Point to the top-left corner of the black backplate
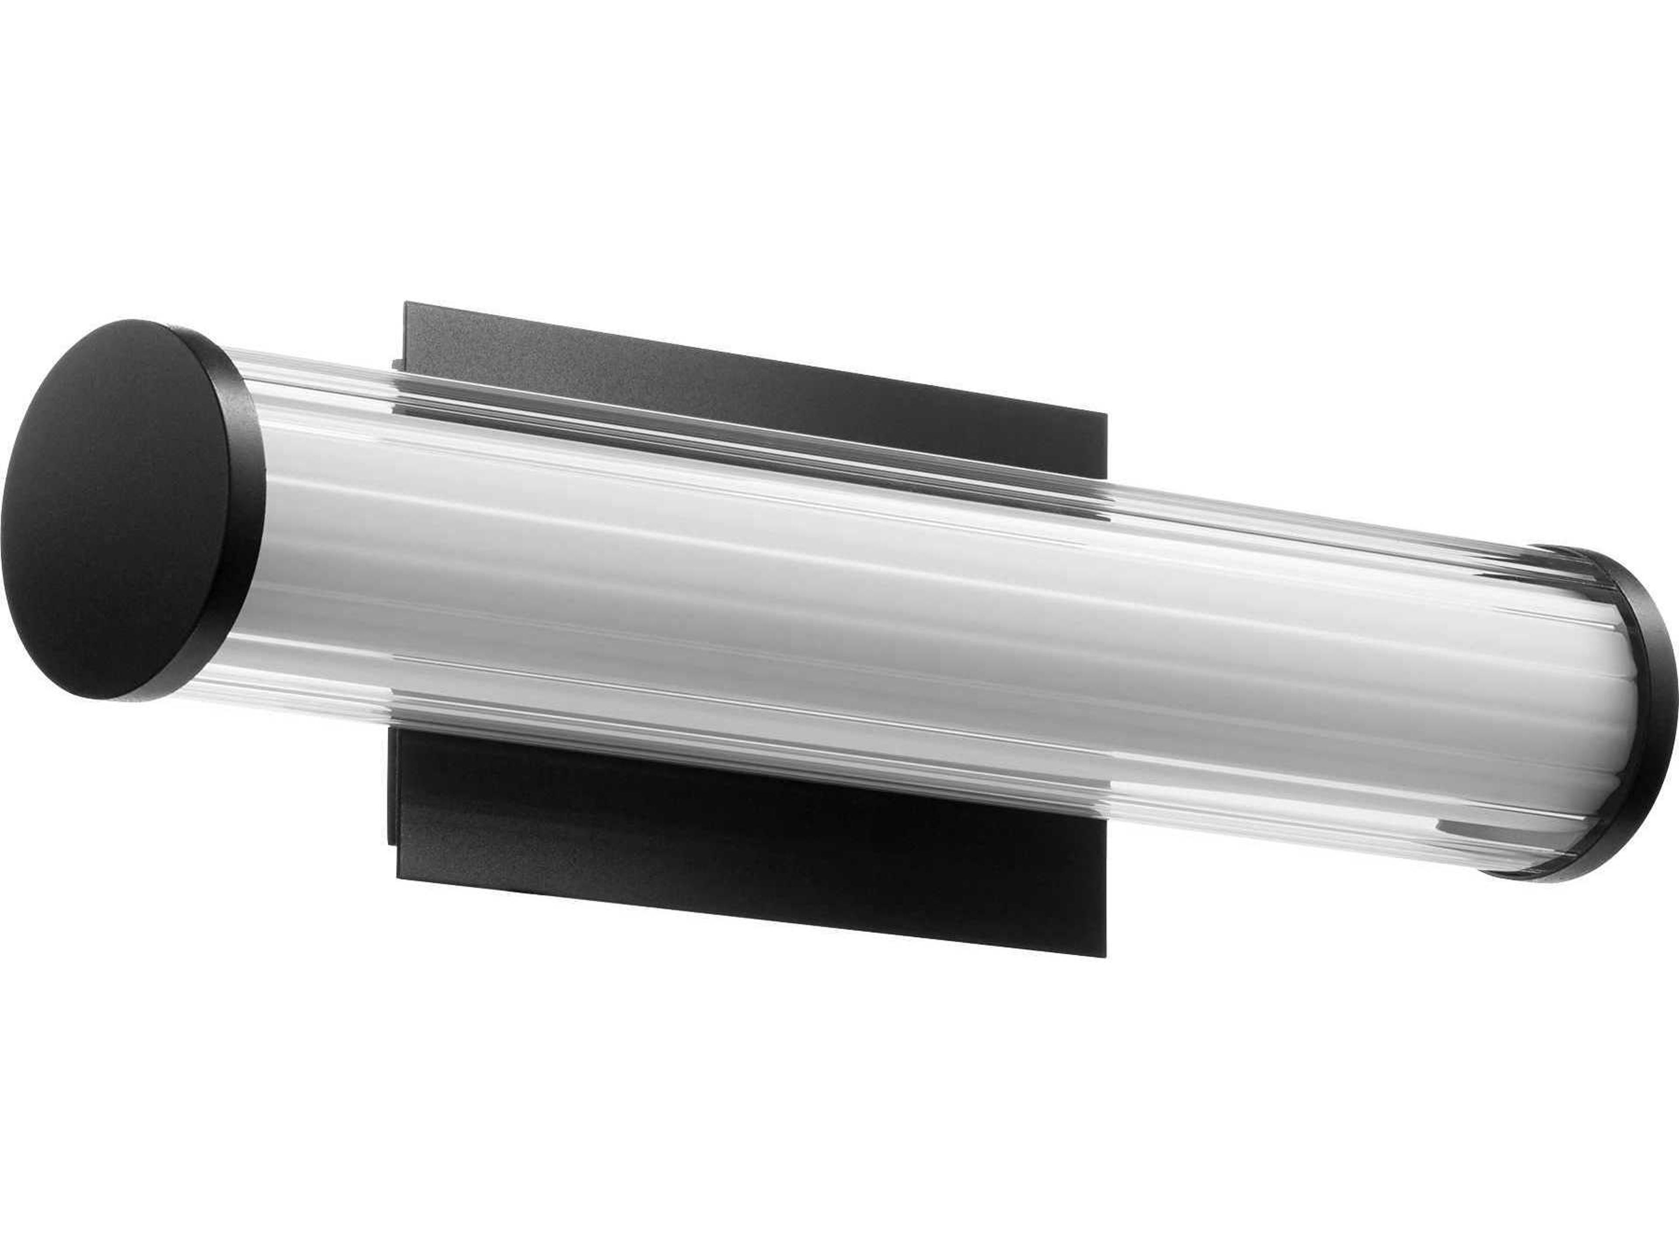click(x=407, y=303)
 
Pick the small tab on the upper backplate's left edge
click(x=396, y=364)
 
